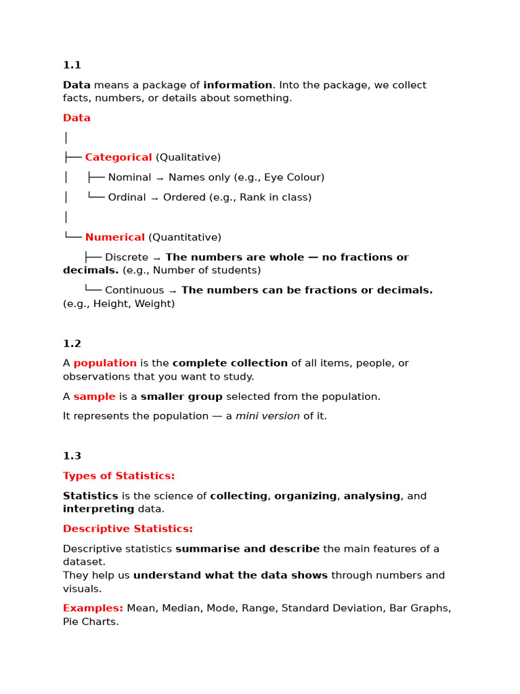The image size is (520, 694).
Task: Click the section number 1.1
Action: click(x=72, y=65)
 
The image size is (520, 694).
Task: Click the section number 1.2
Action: click(x=72, y=344)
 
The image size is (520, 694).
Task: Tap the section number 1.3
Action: click(x=72, y=456)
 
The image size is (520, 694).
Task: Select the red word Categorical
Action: click(x=118, y=157)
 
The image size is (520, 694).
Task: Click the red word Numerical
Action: click(x=115, y=237)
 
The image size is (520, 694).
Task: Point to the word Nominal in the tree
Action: click(x=130, y=178)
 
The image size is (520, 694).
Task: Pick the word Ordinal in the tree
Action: click(x=127, y=197)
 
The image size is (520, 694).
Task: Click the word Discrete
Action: click(x=127, y=258)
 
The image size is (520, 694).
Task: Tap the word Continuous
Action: click(x=134, y=290)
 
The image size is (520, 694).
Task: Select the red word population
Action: click(x=105, y=363)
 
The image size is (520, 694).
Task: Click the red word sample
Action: click(x=95, y=396)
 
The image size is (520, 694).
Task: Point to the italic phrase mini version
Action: click(x=267, y=416)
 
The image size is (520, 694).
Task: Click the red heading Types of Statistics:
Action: click(x=119, y=476)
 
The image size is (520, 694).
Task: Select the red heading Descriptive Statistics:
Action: click(x=128, y=529)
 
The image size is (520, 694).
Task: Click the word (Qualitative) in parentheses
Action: click(x=188, y=157)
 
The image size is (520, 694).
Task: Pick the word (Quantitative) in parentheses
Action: click(x=185, y=237)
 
